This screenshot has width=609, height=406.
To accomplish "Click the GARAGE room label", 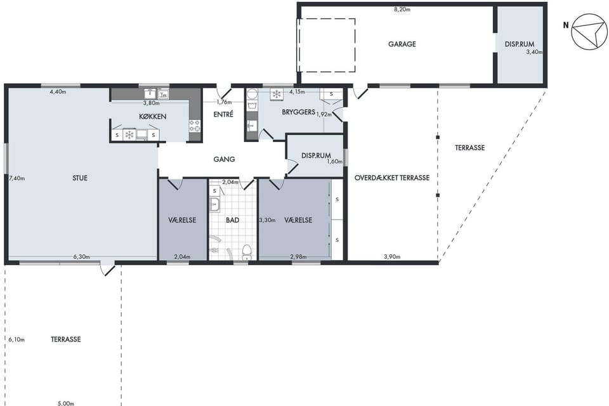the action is coord(402,44).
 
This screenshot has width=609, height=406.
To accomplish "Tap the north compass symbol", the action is coord(589,31).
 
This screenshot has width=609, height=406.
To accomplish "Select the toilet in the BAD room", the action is coord(246,252).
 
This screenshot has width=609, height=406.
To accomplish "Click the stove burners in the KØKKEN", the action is coord(195,126).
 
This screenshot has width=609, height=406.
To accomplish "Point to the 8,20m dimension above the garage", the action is coord(402,10).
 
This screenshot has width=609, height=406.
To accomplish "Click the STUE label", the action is coord(80,178).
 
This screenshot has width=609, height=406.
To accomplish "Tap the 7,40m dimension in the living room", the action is coord(16,178).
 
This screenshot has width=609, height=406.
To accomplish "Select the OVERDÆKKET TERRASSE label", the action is coord(392,178).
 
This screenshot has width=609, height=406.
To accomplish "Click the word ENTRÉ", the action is coord(223,114).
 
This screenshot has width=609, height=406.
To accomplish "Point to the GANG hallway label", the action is coord(224,159).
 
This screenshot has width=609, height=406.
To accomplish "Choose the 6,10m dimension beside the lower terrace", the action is coord(16,339).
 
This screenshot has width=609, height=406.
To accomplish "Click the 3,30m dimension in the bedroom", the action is coord(267,220).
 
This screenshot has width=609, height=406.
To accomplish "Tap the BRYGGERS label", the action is coord(298,112).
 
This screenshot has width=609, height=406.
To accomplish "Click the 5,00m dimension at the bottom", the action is coord(66,403).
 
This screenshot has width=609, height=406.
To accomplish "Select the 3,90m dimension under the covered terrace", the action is coord(392,256).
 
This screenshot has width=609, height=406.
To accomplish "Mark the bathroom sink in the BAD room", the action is coord(215,204).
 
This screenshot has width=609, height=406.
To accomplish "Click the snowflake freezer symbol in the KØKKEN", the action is coord(129,135).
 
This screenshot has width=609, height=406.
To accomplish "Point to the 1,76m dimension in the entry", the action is coord(224,102).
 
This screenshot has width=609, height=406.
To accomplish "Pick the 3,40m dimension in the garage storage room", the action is coord(534,51).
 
